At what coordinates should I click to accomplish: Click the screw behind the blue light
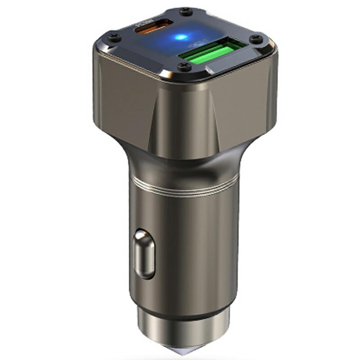point(186,12)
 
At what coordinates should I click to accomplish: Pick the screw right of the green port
point(256,39)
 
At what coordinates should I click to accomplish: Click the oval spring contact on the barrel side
point(144,254)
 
